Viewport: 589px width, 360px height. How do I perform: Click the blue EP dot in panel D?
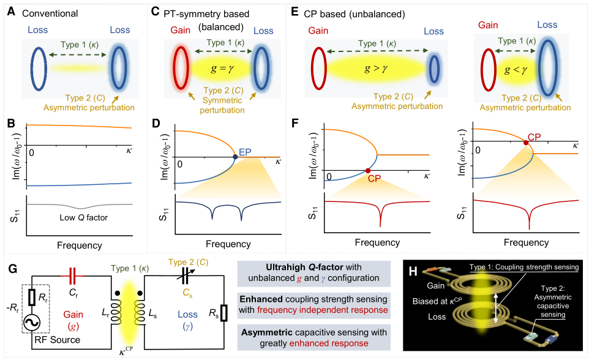[235, 157]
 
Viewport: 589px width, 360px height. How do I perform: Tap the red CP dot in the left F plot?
[368, 171]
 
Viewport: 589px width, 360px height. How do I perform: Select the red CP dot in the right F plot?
[526, 143]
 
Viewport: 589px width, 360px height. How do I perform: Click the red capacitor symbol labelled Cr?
[72, 276]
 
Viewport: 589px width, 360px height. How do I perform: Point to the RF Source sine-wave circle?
[32, 323]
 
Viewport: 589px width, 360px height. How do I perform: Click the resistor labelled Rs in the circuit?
[223, 313]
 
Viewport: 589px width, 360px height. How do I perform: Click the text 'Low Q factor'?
[83, 217]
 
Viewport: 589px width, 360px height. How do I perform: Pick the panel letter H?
[413, 271]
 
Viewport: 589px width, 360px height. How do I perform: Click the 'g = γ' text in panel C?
[222, 69]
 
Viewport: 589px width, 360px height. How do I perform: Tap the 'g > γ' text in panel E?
[376, 69]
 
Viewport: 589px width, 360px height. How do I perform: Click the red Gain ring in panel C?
[181, 68]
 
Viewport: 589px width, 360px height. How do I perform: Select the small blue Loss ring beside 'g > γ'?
[434, 69]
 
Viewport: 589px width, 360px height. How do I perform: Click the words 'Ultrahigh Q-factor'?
[304, 267]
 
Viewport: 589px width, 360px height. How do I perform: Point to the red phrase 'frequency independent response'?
[322, 310]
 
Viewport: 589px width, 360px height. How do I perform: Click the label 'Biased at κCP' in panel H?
[437, 301]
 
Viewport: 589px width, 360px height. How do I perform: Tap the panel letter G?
[12, 269]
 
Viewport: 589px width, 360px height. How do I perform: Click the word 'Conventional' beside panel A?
[50, 13]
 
